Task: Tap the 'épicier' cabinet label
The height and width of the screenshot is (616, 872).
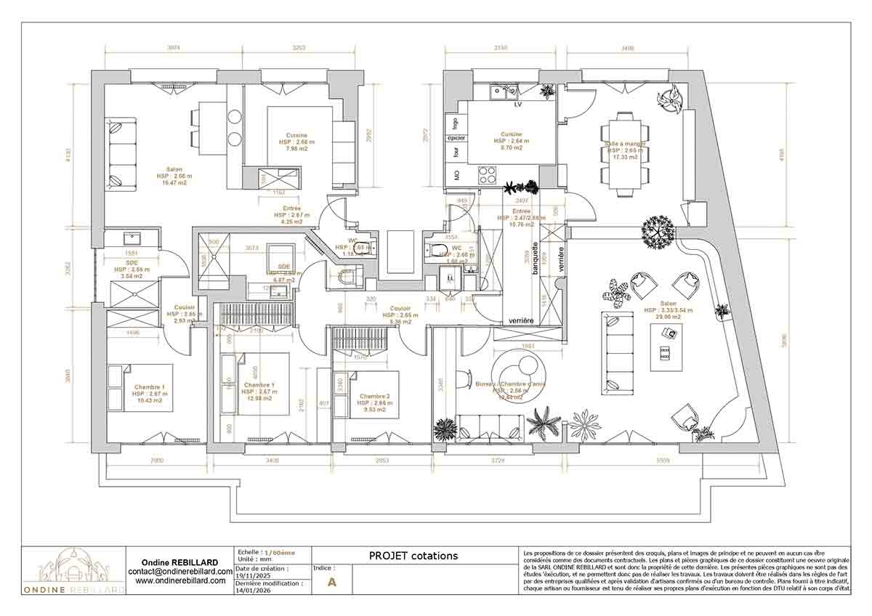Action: [x=456, y=138]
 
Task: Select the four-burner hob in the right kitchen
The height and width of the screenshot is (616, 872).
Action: [x=485, y=174]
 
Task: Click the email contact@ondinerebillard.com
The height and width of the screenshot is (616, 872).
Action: [x=179, y=572]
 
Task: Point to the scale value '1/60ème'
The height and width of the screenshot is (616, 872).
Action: [x=280, y=553]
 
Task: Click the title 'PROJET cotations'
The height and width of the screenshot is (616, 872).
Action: [x=413, y=556]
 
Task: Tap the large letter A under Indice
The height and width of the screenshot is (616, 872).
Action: [x=333, y=582]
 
